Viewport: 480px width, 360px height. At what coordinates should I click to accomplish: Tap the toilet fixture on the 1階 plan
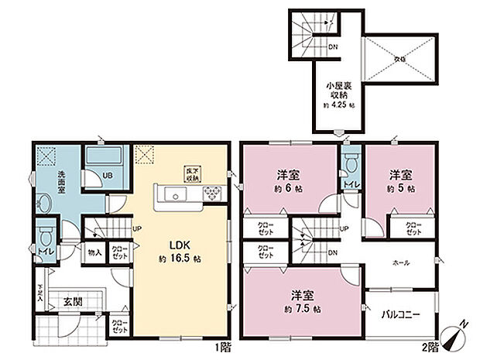pyautogui.click(x=46, y=233)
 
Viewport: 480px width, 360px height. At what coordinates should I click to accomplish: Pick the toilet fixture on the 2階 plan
pyautogui.click(x=349, y=164)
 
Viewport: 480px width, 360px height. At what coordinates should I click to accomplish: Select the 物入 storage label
pyautogui.click(x=94, y=252)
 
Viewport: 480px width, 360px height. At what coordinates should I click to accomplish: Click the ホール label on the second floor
pyautogui.click(x=401, y=262)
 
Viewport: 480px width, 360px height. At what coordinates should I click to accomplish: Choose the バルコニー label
pyautogui.click(x=401, y=314)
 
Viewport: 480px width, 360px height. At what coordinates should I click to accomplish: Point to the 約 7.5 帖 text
pyautogui.click(x=301, y=309)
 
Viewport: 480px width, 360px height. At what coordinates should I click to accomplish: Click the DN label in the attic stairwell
pyautogui.click(x=332, y=48)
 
